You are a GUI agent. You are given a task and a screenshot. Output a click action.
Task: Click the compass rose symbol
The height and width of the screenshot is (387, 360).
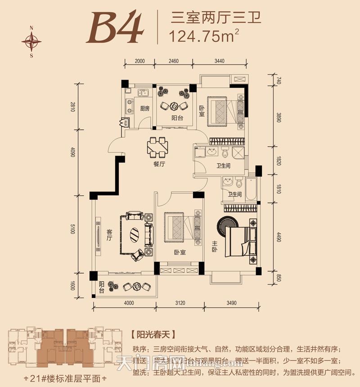click(x=31, y=42)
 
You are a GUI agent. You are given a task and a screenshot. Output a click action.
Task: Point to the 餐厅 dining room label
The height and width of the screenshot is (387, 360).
click(x=159, y=165)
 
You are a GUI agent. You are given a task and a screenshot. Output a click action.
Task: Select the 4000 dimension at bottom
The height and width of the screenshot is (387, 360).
click(x=128, y=303)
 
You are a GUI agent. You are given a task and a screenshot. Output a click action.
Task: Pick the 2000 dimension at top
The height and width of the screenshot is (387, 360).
click(x=139, y=61)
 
